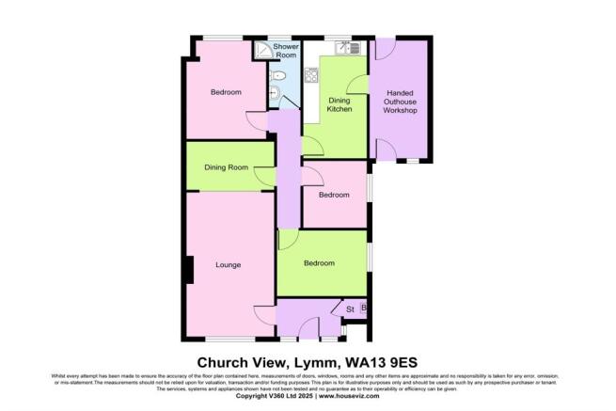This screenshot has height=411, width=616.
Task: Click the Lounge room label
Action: (229, 264)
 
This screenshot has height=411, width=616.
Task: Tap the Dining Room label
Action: (226, 167)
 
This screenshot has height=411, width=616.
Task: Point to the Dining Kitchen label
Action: (340, 104)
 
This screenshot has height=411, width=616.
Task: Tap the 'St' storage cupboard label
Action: (350, 309)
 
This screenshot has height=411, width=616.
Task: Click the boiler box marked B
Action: (364, 307)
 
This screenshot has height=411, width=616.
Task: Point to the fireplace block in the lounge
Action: (189, 269)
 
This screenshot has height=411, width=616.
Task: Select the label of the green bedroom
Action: (319, 263)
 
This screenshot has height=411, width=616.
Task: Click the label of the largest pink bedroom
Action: (226, 92)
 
